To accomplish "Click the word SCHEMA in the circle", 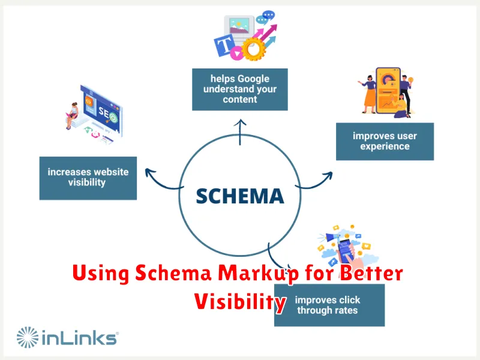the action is click(240, 196).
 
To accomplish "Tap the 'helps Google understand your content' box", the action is click(239, 89).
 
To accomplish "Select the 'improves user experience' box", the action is click(385, 142).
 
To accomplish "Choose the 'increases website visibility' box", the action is click(88, 178).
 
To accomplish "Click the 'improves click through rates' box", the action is click(329, 305).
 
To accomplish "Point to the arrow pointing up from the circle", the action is click(240, 132).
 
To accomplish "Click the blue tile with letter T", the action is click(224, 46).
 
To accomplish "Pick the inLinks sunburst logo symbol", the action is click(28, 337).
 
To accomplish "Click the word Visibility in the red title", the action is click(241, 302).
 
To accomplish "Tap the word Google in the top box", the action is click(253, 79).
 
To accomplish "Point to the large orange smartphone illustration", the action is click(388, 91).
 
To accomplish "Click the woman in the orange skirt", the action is click(369, 94).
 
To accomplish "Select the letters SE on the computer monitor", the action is click(103, 112).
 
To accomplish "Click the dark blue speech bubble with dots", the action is click(268, 15).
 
